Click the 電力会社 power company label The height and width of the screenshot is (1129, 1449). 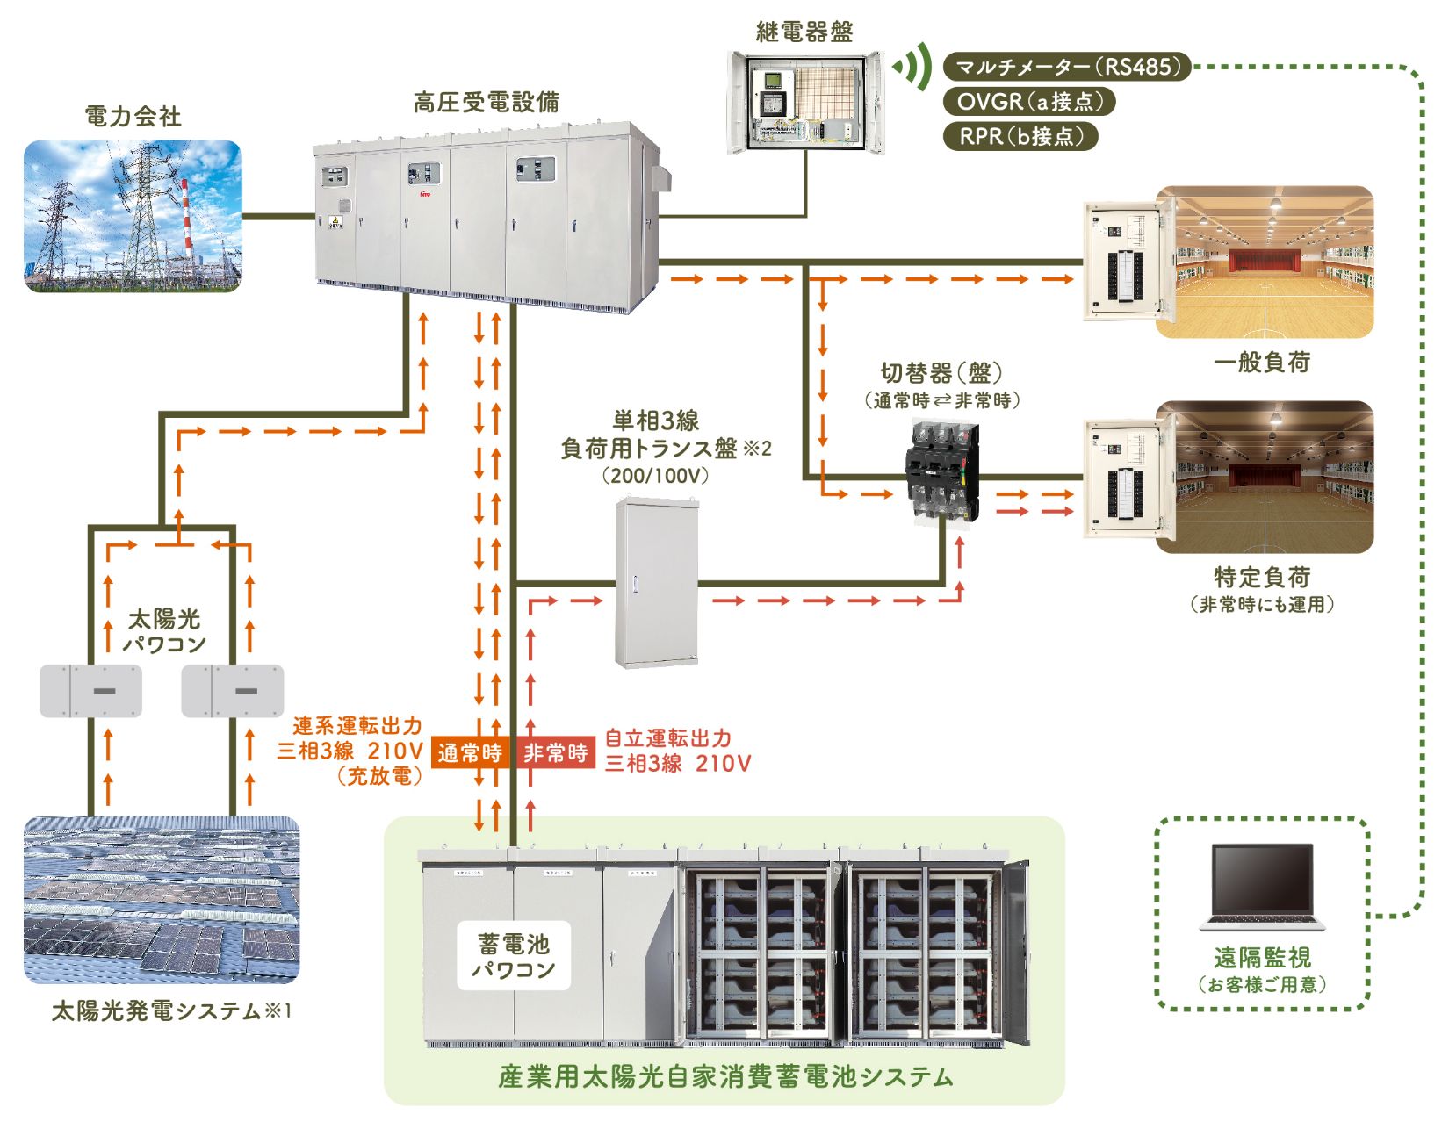pyautogui.click(x=133, y=116)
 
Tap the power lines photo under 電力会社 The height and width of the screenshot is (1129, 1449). pyautogui.click(x=133, y=216)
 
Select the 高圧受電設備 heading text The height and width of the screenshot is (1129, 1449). pyautogui.click(x=486, y=103)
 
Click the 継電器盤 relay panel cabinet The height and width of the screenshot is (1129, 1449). pyautogui.click(x=804, y=102)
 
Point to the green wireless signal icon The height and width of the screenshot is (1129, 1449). pyautogui.click(x=913, y=67)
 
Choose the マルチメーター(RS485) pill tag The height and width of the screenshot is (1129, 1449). pyautogui.click(x=1067, y=67)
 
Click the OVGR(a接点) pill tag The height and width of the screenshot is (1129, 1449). pyautogui.click(x=1028, y=102)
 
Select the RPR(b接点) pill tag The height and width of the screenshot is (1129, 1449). pyautogui.click(x=1020, y=136)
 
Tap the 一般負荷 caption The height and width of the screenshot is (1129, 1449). pyautogui.click(x=1262, y=362)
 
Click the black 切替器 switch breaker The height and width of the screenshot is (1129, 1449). pyautogui.click(x=941, y=472)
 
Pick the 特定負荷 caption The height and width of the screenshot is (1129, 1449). pyautogui.click(x=1262, y=577)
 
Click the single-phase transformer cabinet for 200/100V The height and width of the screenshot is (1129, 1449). pyautogui.click(x=656, y=582)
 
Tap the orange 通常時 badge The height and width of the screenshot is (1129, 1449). pyautogui.click(x=470, y=753)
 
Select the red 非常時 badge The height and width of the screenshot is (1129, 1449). pyautogui.click(x=555, y=753)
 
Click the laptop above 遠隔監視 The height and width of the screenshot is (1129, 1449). pyautogui.click(x=1262, y=887)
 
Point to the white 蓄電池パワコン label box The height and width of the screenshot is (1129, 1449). pyautogui.click(x=514, y=956)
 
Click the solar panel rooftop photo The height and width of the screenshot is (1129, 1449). pyautogui.click(x=162, y=900)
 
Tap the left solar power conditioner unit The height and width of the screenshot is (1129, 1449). pyautogui.click(x=90, y=691)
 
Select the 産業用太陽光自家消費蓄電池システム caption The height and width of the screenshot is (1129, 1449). pyautogui.click(x=725, y=1077)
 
